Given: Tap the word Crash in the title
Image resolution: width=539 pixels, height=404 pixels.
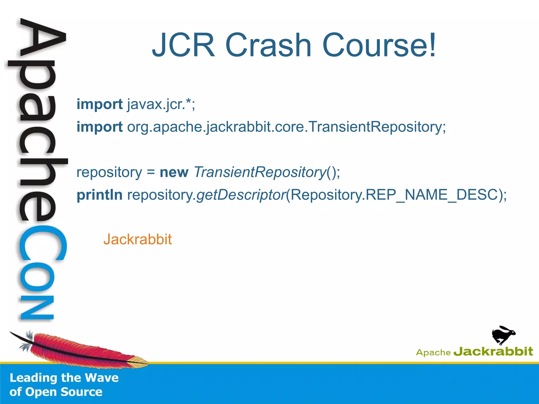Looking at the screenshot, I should coord(268,45).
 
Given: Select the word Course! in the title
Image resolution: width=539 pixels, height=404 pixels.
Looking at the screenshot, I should coord(379,45).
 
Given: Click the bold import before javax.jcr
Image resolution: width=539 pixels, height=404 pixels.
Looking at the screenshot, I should coord(99,104).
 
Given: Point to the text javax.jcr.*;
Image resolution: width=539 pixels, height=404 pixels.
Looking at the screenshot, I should coord(161,104).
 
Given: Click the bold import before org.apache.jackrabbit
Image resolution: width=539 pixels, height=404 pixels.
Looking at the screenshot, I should coord(99,127).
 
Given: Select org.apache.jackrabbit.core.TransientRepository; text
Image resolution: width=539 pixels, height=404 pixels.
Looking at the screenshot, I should coord(287,127).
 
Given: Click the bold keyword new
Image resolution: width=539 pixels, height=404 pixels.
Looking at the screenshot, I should coord(174,173).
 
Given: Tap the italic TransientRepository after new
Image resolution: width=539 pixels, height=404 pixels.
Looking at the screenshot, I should coord(260,173).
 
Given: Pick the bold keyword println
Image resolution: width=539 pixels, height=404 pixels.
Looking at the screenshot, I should coord(99,195).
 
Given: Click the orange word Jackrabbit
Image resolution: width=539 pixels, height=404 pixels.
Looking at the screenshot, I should coord(137,239).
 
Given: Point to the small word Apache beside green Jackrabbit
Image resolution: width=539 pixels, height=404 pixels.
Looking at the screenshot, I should coord(433,352).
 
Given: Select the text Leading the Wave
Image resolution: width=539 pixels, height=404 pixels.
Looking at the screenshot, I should coord(64,378).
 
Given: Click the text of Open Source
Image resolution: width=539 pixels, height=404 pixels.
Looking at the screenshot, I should coord(56,392).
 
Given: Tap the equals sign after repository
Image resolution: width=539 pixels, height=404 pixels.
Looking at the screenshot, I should coord(151,173).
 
